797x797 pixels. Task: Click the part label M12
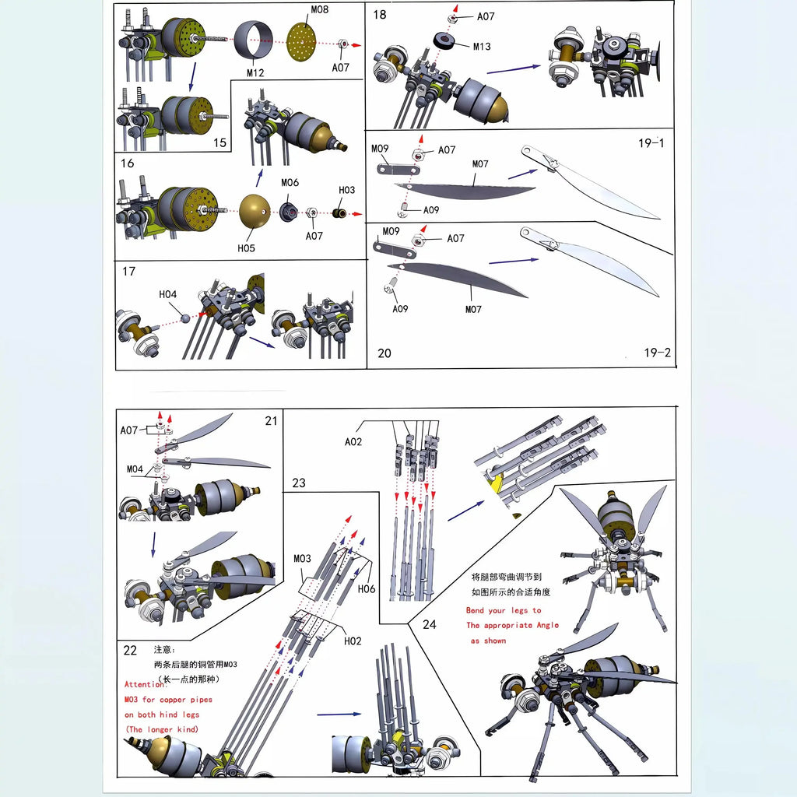(x=255, y=73)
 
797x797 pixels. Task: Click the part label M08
(x=319, y=10)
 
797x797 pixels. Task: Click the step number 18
(x=380, y=15)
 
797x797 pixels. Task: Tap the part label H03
(x=346, y=190)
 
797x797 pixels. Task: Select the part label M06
(x=290, y=183)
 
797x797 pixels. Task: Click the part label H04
(x=168, y=294)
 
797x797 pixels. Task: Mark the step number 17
(x=129, y=272)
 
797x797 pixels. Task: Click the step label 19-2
(x=657, y=353)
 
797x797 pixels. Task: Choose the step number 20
(x=384, y=353)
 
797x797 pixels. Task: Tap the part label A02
(x=354, y=442)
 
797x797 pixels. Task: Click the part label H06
(x=366, y=588)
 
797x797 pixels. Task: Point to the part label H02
(x=353, y=641)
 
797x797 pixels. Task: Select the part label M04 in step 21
(x=135, y=469)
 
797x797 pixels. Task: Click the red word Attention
(x=145, y=684)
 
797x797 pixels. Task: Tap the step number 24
(x=430, y=623)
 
